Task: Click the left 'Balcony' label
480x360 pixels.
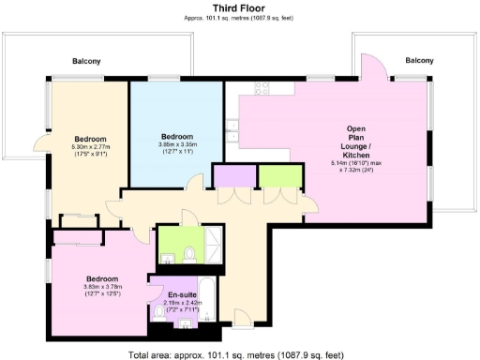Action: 86,62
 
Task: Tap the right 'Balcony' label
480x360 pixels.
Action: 419,60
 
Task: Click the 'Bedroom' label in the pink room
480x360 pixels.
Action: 101,278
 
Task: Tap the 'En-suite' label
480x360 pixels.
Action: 183,295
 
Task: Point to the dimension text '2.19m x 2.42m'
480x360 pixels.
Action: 183,303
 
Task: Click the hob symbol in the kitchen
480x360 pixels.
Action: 259,91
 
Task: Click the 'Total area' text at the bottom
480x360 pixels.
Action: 241,354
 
